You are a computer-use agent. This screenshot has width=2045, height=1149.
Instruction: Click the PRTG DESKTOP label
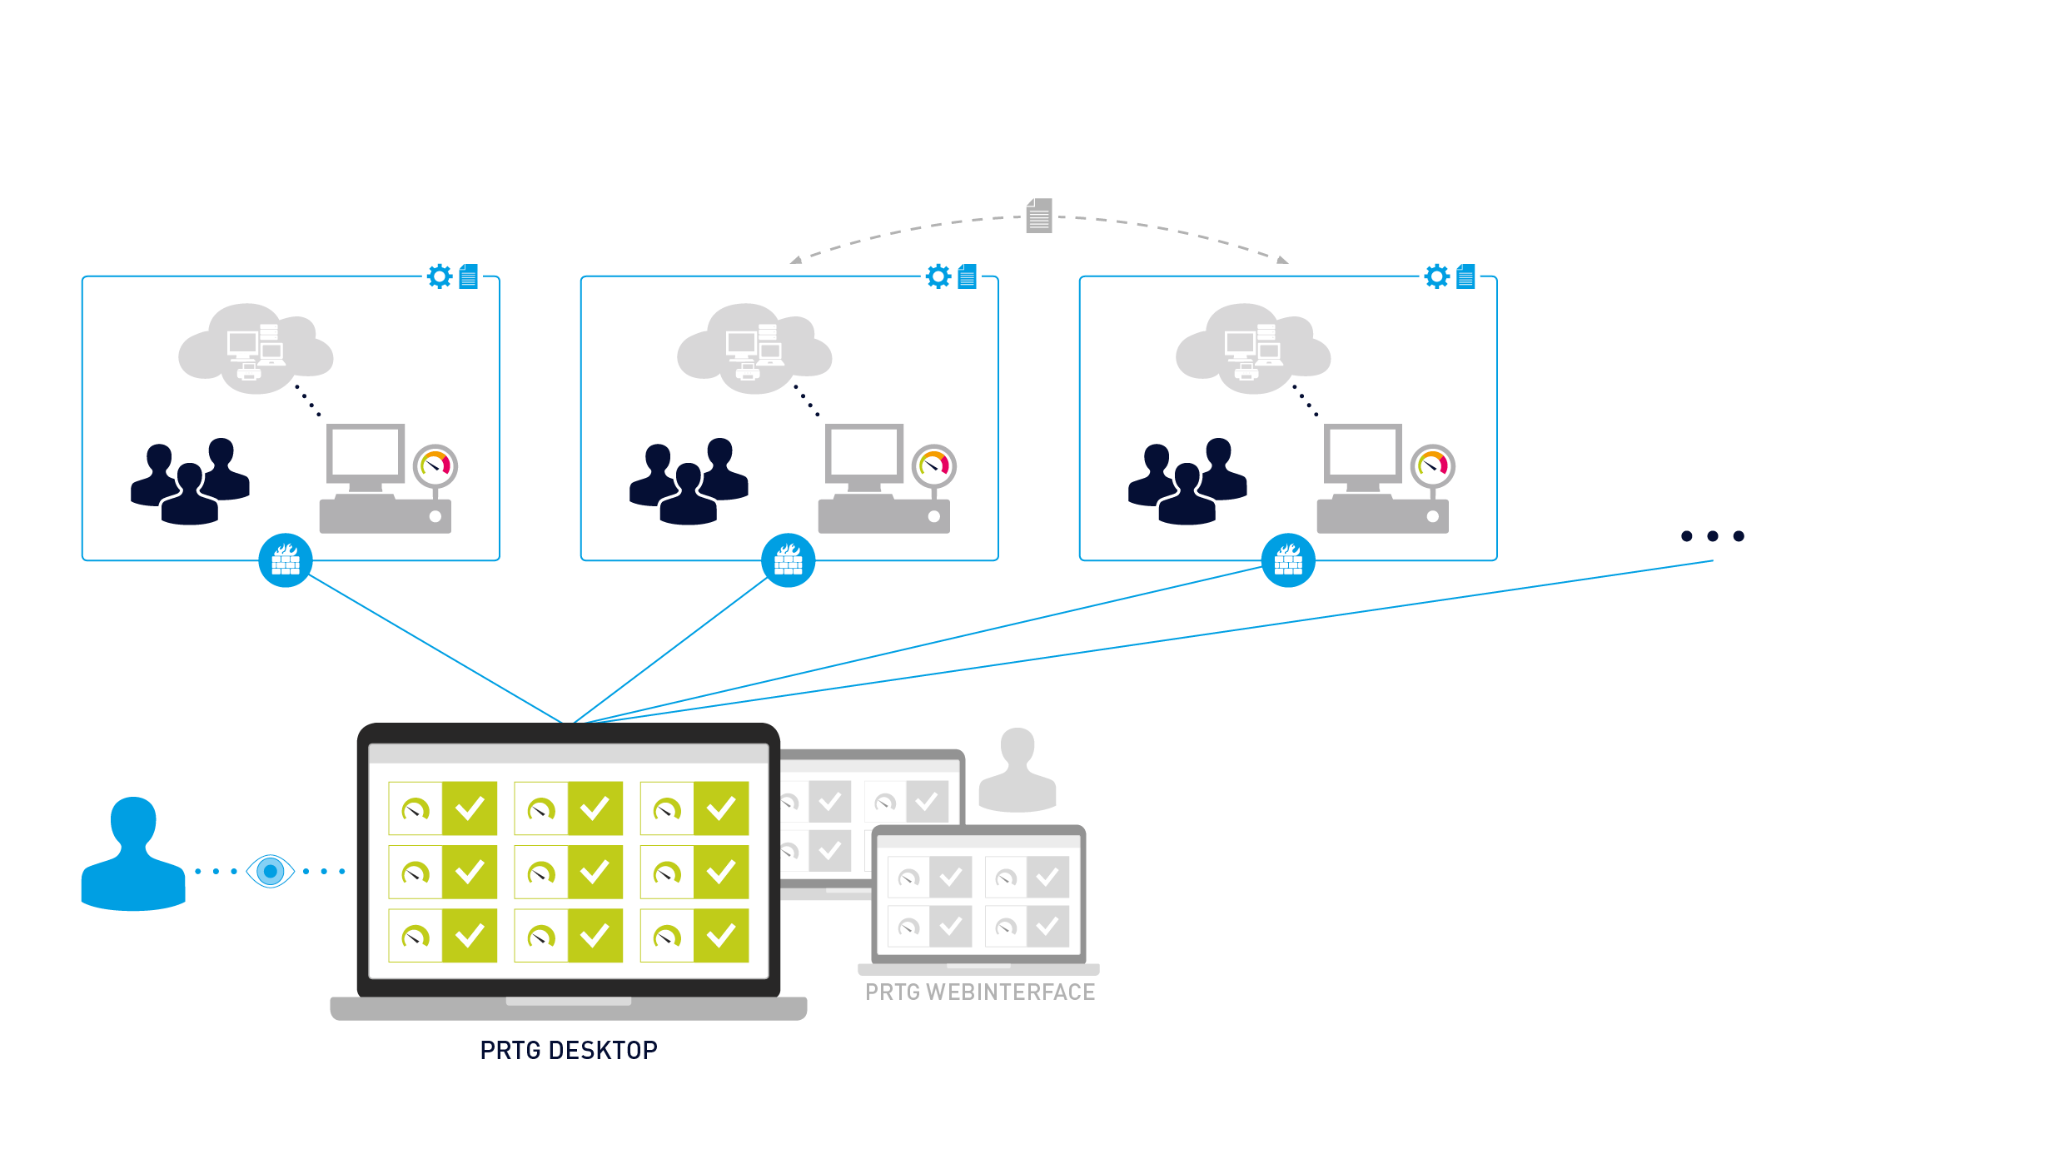(569, 1050)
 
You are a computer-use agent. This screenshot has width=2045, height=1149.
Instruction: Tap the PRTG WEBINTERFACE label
(979, 992)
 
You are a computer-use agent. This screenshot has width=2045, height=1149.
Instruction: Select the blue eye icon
(271, 871)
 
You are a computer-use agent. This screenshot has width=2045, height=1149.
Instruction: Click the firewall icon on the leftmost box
(286, 560)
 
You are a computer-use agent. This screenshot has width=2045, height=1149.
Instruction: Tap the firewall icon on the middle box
(788, 560)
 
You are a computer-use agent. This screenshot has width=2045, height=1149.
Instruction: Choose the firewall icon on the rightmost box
(1288, 560)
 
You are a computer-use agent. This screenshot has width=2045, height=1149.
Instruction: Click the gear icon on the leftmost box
(440, 276)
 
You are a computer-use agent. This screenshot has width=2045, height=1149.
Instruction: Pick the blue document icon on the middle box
(967, 276)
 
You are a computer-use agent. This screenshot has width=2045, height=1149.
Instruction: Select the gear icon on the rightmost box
(1437, 276)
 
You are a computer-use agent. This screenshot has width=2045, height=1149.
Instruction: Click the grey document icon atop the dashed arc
(1039, 216)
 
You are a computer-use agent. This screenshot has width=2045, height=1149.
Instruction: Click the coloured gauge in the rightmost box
(1433, 465)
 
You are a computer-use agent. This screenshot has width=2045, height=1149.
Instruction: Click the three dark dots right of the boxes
(1712, 536)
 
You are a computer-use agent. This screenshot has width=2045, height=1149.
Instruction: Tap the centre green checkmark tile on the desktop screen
(595, 872)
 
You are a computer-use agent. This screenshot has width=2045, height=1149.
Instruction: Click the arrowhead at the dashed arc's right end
(1282, 261)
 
